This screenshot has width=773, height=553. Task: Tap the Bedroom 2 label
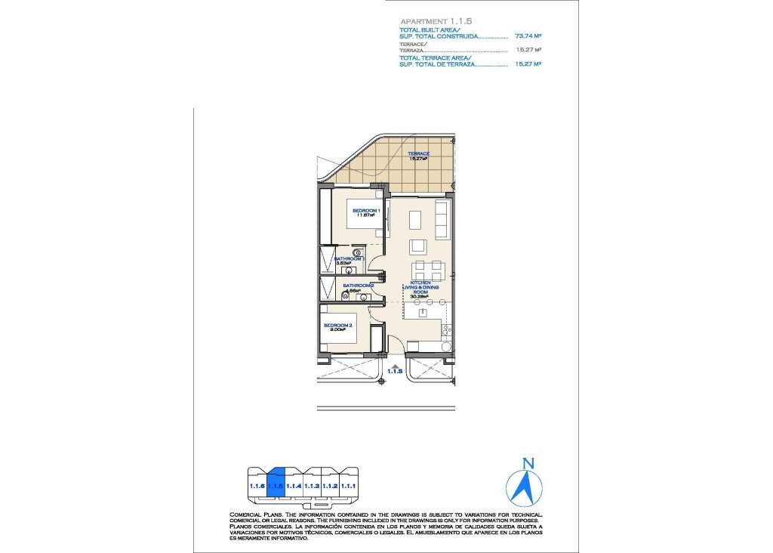click(x=338, y=326)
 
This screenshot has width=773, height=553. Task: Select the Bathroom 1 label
click(x=350, y=258)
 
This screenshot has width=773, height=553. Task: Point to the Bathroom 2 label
click(x=359, y=286)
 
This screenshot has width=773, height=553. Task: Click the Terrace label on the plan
click(x=419, y=154)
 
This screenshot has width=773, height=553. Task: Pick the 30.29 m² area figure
click(x=420, y=297)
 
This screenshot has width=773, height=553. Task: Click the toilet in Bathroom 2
click(x=346, y=296)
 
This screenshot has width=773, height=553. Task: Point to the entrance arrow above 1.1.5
click(x=394, y=364)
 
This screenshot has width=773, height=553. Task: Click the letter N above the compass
click(x=529, y=463)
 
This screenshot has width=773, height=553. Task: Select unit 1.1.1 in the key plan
click(x=348, y=487)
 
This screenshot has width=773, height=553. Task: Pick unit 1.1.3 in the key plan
click(x=312, y=487)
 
